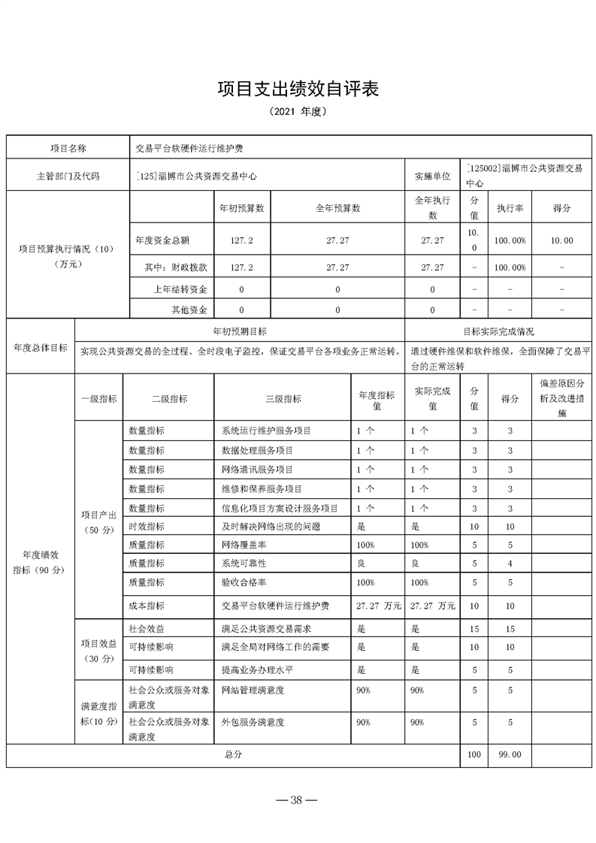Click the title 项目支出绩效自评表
[x=298, y=89]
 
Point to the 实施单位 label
[x=432, y=176]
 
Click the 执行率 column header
[x=510, y=207]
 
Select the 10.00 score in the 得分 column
[x=562, y=241]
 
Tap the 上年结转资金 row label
[x=180, y=289]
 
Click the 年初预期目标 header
[x=240, y=331]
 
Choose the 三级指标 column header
[x=283, y=399]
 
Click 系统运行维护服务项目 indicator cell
[x=266, y=431]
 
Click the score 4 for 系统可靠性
[x=510, y=563]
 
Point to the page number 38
[x=298, y=799]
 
